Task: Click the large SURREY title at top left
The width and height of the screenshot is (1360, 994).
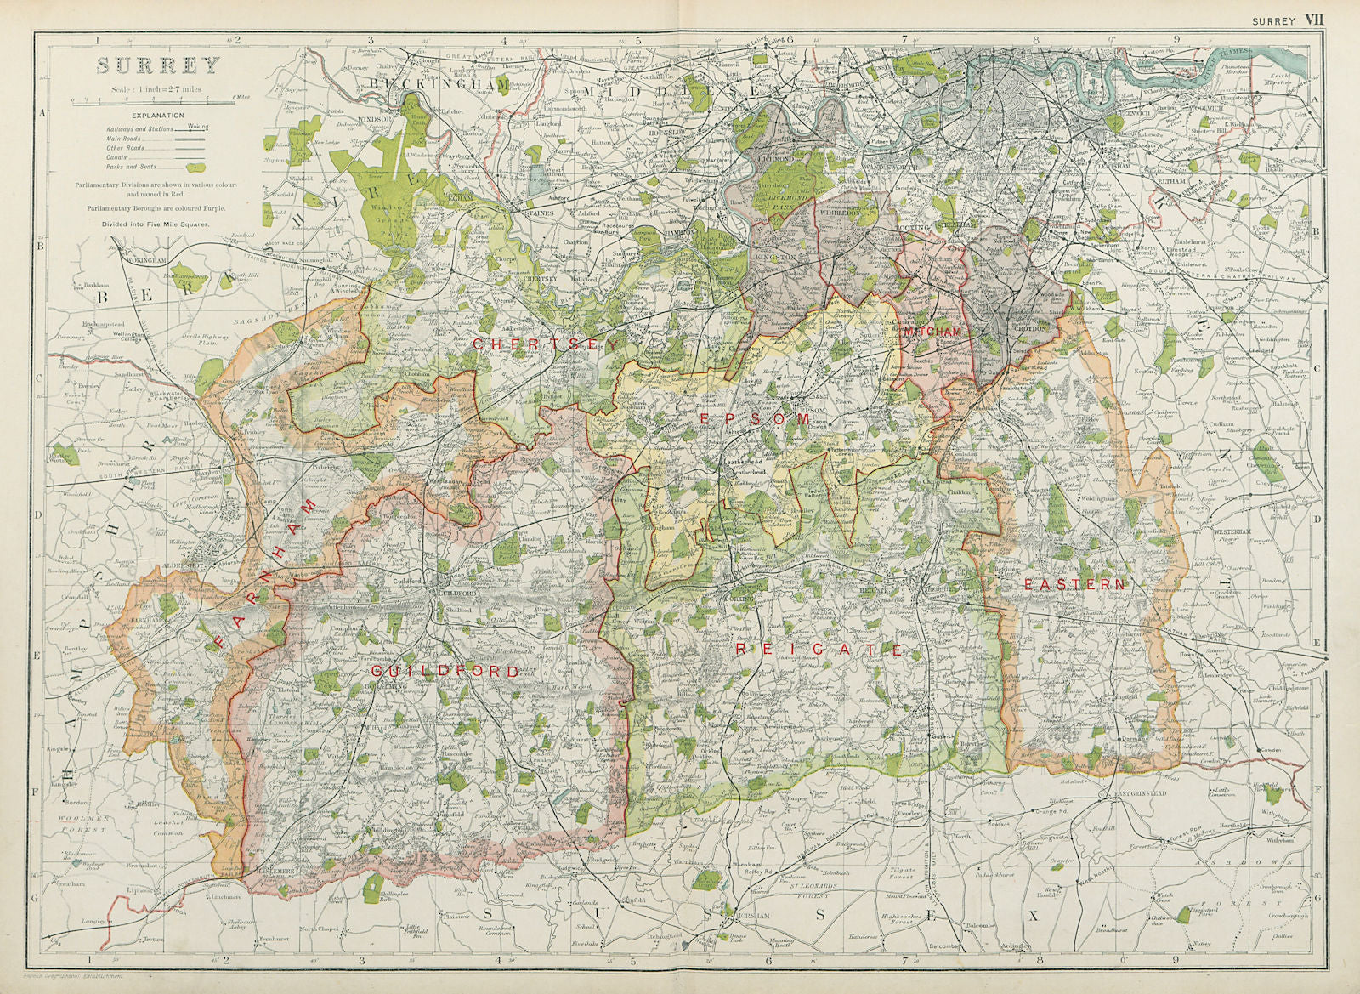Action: pos(157,65)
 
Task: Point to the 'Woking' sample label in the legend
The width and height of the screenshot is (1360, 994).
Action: pos(198,125)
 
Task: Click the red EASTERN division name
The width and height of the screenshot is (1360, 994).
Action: pos(1074,584)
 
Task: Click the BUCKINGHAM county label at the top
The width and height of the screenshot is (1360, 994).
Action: pos(439,86)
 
